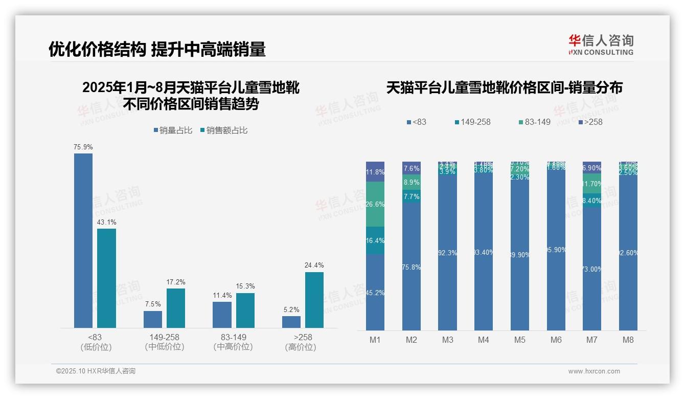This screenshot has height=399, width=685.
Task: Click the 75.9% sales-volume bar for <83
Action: click(83, 240)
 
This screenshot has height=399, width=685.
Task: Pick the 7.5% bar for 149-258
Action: click(153, 319)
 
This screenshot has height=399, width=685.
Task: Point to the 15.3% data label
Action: click(245, 286)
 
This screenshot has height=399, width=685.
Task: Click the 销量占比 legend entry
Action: click(173, 130)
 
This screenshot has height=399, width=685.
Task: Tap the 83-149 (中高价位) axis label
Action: click(233, 342)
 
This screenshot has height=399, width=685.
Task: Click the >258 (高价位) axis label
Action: click(303, 342)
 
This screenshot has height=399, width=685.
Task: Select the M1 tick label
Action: click(375, 340)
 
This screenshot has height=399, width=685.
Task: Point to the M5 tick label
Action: click(520, 340)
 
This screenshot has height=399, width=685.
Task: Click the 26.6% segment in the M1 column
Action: click(375, 204)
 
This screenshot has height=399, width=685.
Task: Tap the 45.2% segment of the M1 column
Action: click(375, 293)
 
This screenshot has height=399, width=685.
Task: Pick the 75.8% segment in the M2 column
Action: click(411, 267)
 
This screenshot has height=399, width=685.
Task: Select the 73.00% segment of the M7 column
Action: click(592, 269)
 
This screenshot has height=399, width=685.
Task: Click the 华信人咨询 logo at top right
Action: click(601, 45)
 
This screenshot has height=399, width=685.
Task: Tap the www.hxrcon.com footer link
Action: click(594, 371)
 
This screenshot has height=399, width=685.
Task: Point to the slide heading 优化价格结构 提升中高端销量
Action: click(157, 49)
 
